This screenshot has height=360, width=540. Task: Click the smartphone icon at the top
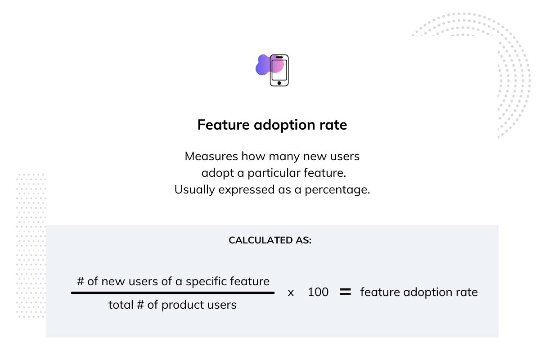point(279,70)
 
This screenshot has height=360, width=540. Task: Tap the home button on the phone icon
point(279,83)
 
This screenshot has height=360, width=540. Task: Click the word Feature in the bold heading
point(224,125)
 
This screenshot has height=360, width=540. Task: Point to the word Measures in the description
point(211,156)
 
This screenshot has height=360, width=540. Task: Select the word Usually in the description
point(194,190)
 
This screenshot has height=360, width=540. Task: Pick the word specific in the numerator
point(206,281)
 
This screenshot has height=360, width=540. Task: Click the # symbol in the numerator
point(81,281)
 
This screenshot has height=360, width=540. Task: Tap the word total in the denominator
point(121,305)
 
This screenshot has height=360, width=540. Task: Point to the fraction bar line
point(173,293)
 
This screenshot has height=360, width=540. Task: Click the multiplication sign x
point(291,293)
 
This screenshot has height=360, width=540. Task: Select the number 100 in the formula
point(318,292)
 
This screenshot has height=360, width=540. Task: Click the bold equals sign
point(345,292)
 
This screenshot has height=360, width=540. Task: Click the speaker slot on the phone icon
point(279,58)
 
